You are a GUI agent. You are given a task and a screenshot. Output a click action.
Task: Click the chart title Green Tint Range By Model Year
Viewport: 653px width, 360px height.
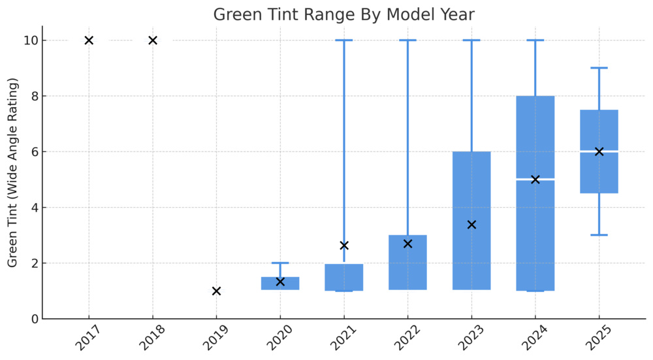pos(344,14)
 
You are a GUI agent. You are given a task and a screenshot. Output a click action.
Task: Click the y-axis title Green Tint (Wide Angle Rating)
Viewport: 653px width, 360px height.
pos(13,173)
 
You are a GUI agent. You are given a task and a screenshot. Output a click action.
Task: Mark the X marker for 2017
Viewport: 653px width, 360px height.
pos(89,41)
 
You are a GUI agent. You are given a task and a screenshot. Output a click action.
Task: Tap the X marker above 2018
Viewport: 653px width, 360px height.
pos(153,41)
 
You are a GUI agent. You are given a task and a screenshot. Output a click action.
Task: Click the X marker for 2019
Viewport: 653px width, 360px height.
pos(216,291)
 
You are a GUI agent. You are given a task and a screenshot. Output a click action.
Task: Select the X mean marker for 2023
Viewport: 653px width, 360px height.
pos(471,225)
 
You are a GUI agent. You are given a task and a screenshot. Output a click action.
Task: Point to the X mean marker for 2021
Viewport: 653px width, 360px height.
pos(344,246)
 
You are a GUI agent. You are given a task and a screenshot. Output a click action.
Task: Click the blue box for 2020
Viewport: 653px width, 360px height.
pos(280,284)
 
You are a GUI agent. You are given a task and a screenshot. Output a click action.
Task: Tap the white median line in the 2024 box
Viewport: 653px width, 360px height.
pos(535,179)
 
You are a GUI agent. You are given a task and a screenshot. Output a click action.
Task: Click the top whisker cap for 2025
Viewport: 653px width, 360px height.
pos(599,68)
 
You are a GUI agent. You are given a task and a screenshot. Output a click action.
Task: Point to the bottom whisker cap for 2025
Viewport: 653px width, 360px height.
pos(599,235)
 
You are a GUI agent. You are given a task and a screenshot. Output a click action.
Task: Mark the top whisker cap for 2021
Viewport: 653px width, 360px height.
pos(344,41)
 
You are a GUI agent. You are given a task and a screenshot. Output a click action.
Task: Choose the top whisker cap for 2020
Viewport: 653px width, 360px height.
pos(280,263)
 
